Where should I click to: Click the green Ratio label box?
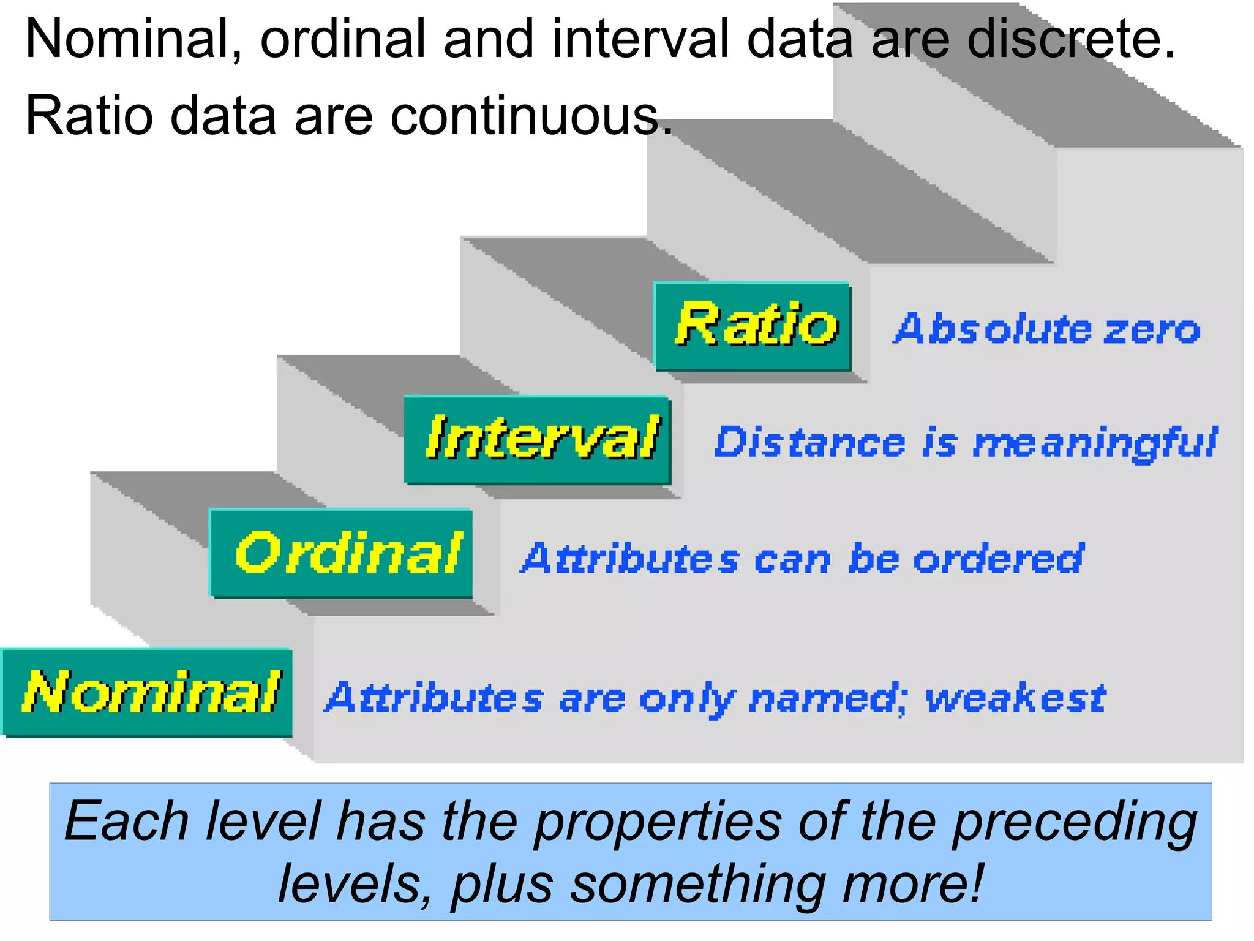point(753,327)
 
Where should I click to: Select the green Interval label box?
point(538,440)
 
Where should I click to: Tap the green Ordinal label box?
point(341,553)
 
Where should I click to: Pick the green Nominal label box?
point(148,693)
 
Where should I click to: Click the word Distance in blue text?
point(809,442)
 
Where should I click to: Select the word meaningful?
point(1095,444)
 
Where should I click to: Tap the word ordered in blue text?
point(999,559)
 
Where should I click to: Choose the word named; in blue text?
point(828,699)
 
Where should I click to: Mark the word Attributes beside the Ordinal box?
point(631,559)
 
